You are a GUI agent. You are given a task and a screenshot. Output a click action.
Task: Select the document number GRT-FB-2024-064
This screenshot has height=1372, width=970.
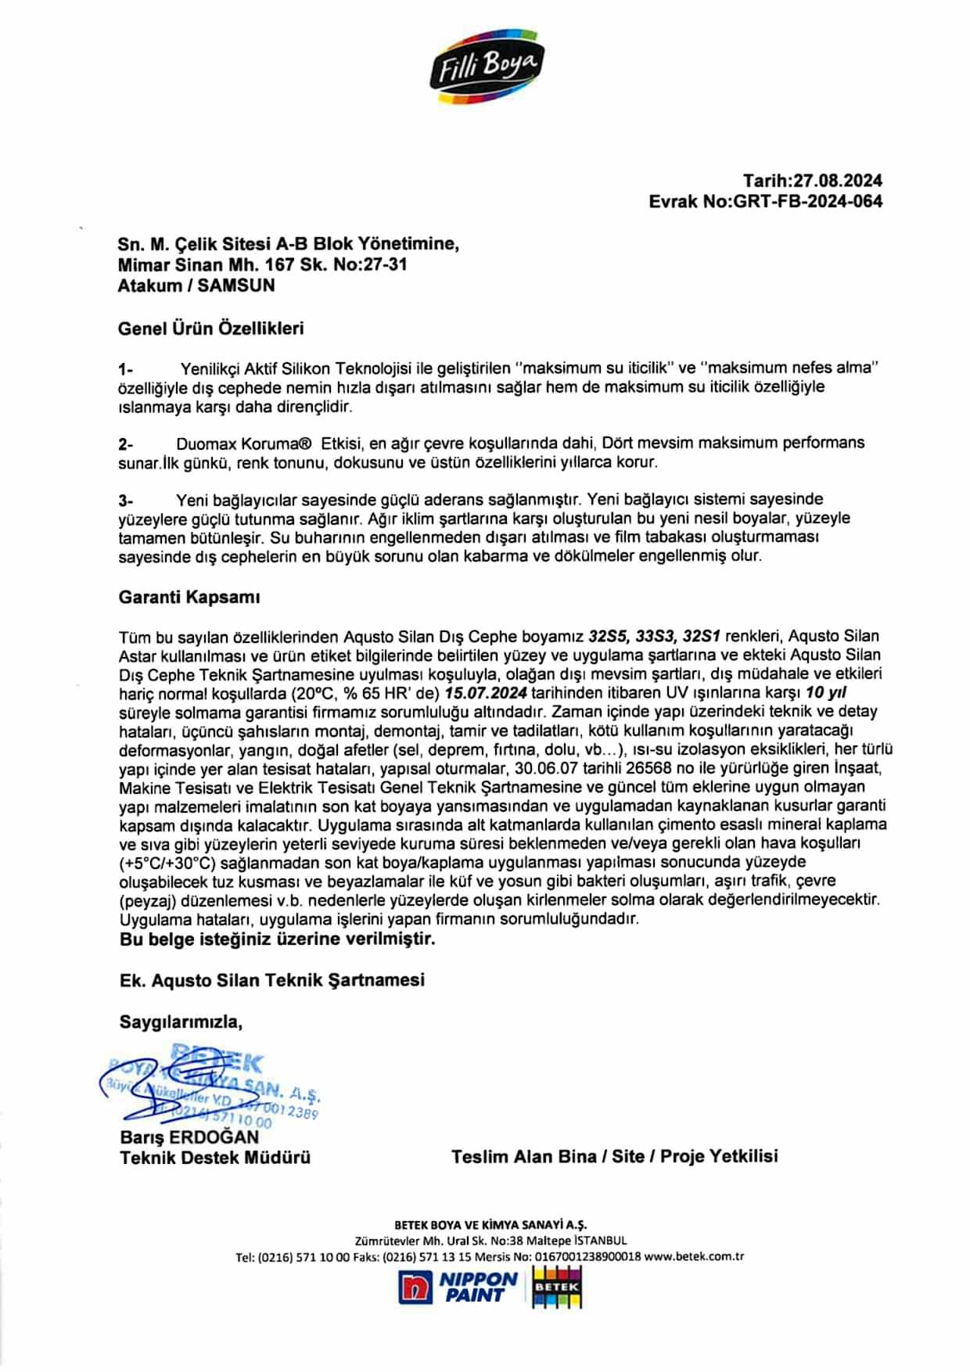click(807, 201)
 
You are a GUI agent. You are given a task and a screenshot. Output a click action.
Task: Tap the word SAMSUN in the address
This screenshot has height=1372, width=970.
click(236, 286)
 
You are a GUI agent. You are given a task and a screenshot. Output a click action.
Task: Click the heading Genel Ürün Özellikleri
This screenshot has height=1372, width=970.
click(210, 329)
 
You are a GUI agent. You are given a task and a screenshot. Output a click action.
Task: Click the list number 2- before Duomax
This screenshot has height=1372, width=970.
click(126, 444)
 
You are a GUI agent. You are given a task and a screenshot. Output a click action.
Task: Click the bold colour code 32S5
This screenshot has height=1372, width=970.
click(608, 636)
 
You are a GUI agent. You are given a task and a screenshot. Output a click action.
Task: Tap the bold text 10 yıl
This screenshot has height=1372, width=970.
click(826, 692)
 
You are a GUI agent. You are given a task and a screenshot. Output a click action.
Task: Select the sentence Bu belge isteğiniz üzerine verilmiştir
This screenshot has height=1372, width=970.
click(278, 939)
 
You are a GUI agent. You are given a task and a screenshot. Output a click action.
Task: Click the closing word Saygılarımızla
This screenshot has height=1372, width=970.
click(181, 1021)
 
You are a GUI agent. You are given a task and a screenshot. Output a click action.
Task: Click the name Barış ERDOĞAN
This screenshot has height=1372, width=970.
click(189, 1137)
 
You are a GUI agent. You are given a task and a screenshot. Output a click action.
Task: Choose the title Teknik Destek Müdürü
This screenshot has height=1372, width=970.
click(215, 1157)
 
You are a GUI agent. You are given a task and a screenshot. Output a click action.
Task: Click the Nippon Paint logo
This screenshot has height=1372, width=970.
click(460, 1287)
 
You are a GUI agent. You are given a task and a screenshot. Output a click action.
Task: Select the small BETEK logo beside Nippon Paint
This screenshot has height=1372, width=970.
click(557, 1287)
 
